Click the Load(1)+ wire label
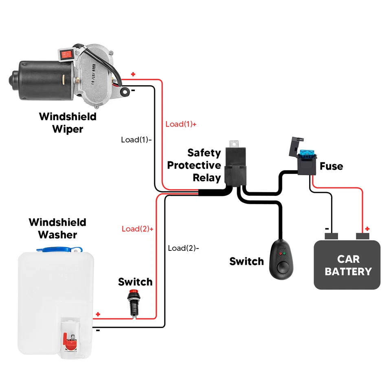pos(181,124)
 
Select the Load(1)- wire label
pos(136,140)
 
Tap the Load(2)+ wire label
pos(137,229)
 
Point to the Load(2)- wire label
pos(183,248)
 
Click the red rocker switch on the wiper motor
pos(66,55)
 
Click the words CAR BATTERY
pos(348,265)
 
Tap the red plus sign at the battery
pos(367,228)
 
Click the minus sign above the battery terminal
pos(327,229)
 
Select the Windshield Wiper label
pos(68,123)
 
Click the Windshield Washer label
pos(57,228)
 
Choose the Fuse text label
pos(331,166)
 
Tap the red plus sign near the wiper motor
pos(133,75)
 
